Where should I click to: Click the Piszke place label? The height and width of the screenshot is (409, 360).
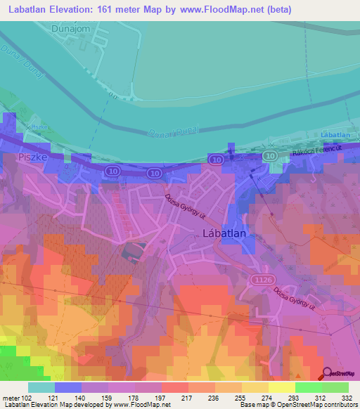(x=33, y=158)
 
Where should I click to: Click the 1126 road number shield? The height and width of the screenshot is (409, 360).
(x=261, y=280)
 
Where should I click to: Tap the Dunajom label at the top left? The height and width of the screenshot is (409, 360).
(x=72, y=29)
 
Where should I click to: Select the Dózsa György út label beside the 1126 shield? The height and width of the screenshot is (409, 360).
(x=295, y=301)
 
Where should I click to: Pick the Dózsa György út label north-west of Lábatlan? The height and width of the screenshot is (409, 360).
(x=188, y=210)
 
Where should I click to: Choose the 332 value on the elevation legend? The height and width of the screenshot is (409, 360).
(x=347, y=398)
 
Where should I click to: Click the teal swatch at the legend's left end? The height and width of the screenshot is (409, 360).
(x=41, y=387)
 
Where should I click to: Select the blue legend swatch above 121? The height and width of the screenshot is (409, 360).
(x=67, y=387)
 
